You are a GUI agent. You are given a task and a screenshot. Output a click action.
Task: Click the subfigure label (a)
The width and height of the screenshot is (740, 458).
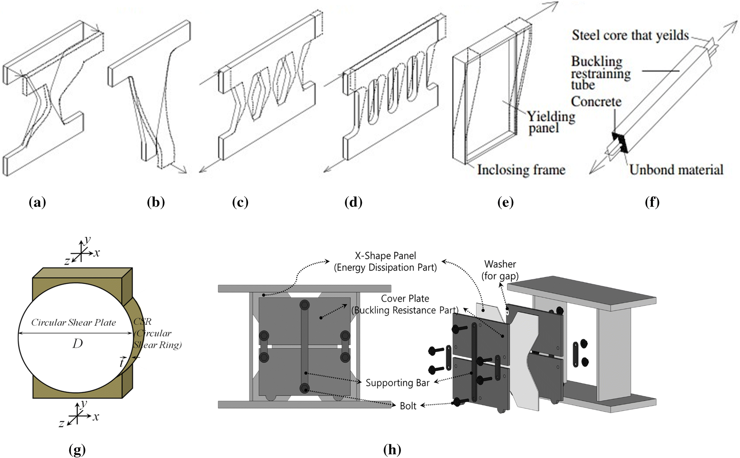[37, 202]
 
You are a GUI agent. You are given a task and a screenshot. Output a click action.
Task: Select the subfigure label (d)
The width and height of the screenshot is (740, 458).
[353, 202]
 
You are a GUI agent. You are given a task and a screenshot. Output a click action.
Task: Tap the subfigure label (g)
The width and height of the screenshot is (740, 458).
[77, 450]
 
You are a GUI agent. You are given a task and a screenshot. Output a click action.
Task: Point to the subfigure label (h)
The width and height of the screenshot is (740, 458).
[392, 450]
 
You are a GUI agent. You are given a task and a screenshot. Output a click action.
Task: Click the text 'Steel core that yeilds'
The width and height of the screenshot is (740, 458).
[630, 35]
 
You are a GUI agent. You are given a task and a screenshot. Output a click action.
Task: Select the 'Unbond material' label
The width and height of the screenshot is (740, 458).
[676, 170]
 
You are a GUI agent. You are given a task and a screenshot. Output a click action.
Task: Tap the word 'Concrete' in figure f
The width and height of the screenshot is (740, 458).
[596, 101]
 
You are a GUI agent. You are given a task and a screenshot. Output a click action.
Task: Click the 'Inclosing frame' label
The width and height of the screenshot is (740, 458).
[521, 170]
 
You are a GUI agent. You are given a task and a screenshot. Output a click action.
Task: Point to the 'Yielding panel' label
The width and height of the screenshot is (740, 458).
[551, 122]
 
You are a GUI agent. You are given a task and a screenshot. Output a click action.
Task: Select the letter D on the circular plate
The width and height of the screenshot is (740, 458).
[77, 343]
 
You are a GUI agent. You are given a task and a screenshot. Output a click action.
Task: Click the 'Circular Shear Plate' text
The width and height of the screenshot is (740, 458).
[73, 322]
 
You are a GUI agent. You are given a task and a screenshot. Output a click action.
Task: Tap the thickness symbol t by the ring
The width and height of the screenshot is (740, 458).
[122, 362]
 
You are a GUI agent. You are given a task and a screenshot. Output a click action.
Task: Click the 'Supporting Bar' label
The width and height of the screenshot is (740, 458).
[397, 383]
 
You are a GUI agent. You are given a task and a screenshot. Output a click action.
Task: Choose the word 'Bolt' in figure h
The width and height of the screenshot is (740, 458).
[408, 406]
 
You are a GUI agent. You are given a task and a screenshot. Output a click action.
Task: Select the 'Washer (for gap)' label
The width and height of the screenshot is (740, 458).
[500, 270]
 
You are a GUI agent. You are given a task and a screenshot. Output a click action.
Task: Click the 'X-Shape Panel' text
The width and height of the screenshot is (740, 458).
[385, 256]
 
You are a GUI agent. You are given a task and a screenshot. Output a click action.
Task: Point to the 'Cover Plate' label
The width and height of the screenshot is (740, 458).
[405, 299]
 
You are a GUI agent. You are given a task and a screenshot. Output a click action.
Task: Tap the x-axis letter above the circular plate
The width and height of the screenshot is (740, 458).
[97, 252]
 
